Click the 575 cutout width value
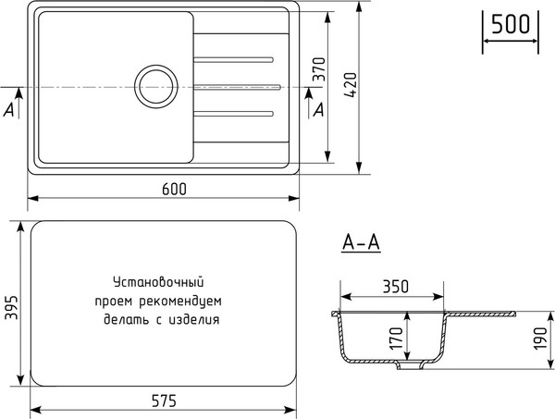pos(163,401)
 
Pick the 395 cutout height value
pos(12,303)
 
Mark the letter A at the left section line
pos(9,109)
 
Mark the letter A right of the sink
pos(319,110)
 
